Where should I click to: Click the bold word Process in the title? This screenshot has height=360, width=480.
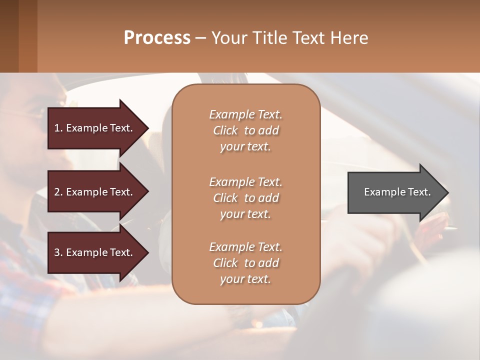(157, 38)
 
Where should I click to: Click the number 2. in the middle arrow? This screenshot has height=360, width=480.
(58, 192)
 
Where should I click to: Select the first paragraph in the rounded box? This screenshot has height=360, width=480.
(245, 130)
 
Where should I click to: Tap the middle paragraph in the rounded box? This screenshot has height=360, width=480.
(245, 197)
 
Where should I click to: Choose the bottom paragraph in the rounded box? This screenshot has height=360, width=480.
(245, 263)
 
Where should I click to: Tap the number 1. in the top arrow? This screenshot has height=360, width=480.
(58, 128)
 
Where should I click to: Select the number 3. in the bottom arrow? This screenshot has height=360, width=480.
(58, 252)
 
